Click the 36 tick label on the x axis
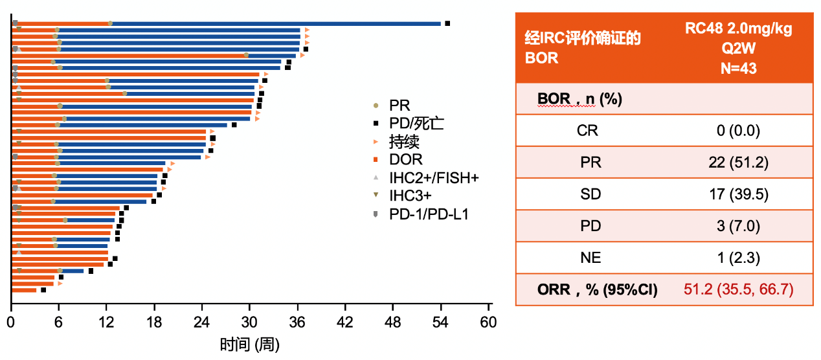tap(297, 322)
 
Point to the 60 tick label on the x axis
tap(488, 322)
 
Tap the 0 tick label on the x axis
tap(10, 322)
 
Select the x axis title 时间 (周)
tap(249, 344)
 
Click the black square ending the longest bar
tap(447, 23)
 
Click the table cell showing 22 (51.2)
tap(738, 163)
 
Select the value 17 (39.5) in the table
tap(739, 194)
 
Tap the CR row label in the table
tap(587, 131)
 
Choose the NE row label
tap(590, 258)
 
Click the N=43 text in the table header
tap(739, 69)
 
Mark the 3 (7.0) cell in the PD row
tap(738, 226)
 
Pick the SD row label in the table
tap(590, 194)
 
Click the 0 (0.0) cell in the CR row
tap(738, 131)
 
